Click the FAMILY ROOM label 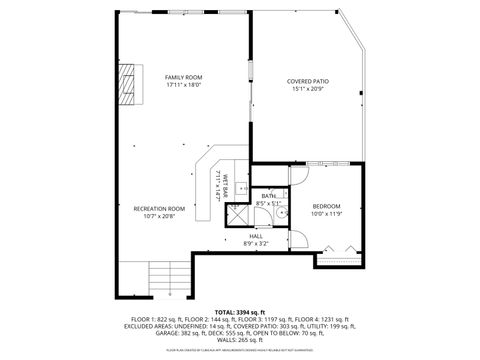pos(184,77)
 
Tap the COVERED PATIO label pos(307,81)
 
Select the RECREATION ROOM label pos(160,208)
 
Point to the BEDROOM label pos(326,206)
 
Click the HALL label pos(256,236)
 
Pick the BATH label pos(269,196)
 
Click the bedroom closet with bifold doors pos(341,251)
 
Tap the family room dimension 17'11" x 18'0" pos(184,85)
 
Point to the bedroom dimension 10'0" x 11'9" pos(326,214)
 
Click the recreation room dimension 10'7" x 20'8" pos(160,216)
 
